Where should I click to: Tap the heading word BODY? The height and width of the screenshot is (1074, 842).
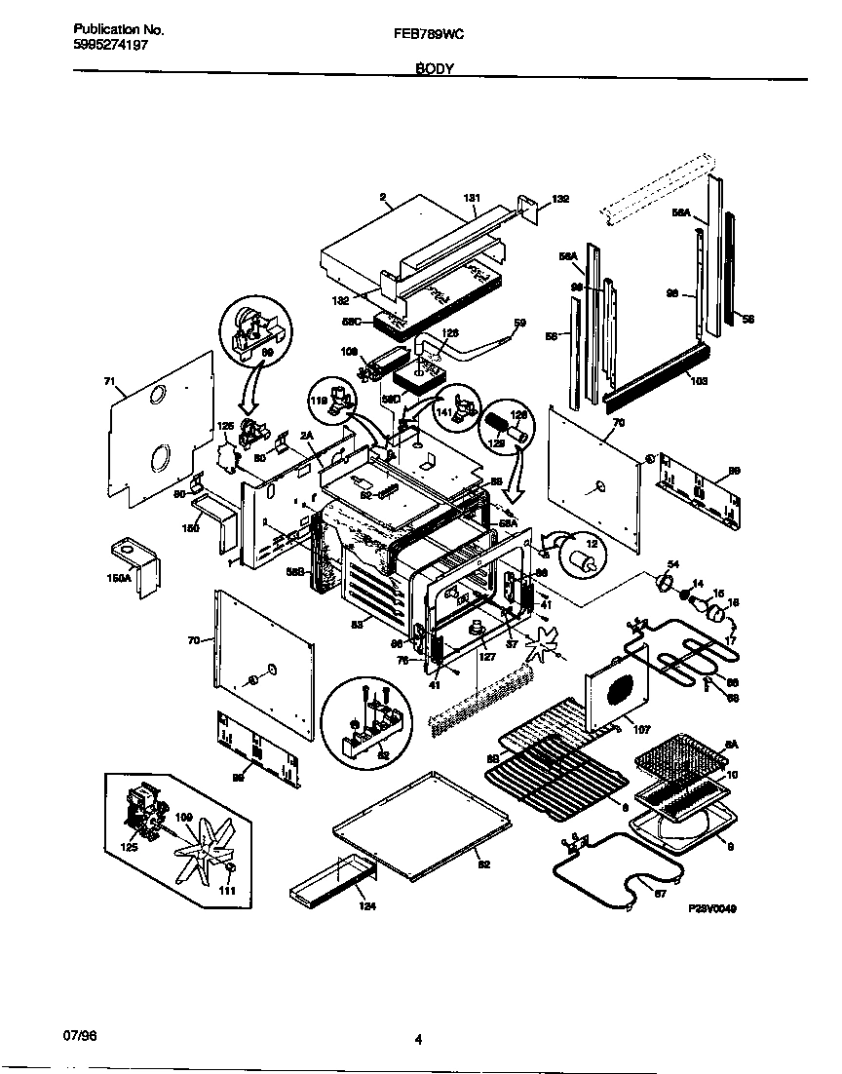433,69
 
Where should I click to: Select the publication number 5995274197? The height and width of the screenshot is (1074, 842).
111,45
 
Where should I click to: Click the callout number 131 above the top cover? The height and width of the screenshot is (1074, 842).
473,199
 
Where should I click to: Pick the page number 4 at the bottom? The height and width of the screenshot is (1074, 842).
418,1039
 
